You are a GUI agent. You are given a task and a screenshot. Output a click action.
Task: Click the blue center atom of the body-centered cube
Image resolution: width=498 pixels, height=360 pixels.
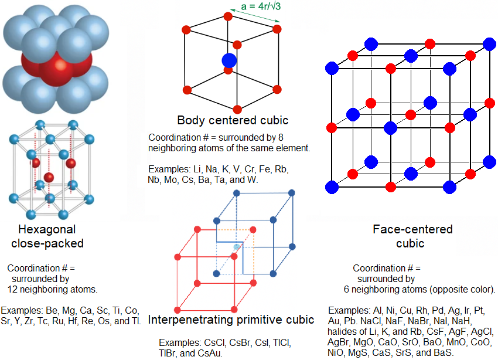[229, 60]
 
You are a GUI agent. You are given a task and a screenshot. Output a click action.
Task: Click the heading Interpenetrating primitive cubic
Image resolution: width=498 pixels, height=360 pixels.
[231, 320]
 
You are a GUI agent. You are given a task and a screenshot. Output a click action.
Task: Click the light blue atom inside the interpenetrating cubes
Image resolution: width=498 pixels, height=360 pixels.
[236, 247]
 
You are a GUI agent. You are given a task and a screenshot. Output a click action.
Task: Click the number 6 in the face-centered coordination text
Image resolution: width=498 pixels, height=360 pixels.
[346, 290]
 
